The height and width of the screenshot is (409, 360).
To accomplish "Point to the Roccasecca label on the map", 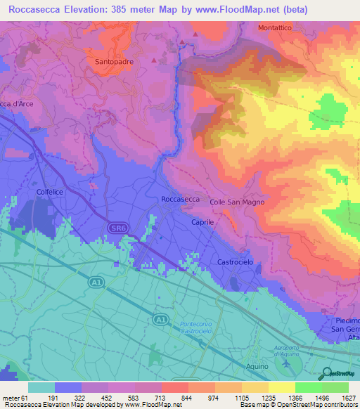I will [181, 200].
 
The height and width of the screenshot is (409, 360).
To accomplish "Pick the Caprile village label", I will [202, 221].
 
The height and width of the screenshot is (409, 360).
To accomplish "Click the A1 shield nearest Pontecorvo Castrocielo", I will [161, 320].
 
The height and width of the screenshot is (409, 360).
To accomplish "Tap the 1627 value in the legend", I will [348, 397].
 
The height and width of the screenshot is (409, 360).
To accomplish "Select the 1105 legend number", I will [240, 397].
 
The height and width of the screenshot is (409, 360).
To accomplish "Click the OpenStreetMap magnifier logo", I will [326, 373].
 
